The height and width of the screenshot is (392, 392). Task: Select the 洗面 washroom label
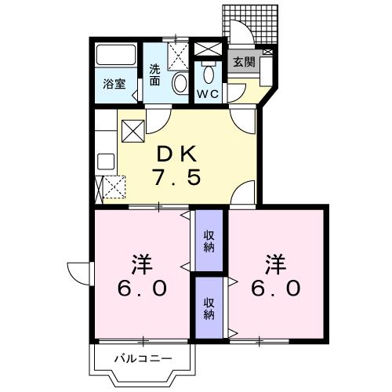(x=156, y=74)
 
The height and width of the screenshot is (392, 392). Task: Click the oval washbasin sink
(x=180, y=84)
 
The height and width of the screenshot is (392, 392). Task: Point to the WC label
(x=208, y=93)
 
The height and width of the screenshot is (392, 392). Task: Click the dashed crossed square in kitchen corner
(x=114, y=187)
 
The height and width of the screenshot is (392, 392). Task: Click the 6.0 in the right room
(x=275, y=289)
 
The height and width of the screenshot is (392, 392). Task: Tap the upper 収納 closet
(x=209, y=241)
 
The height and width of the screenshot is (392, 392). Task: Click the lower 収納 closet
(x=209, y=307)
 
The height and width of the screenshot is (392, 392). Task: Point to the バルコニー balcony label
(x=142, y=360)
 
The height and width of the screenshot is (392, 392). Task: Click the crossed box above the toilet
(x=208, y=50)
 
